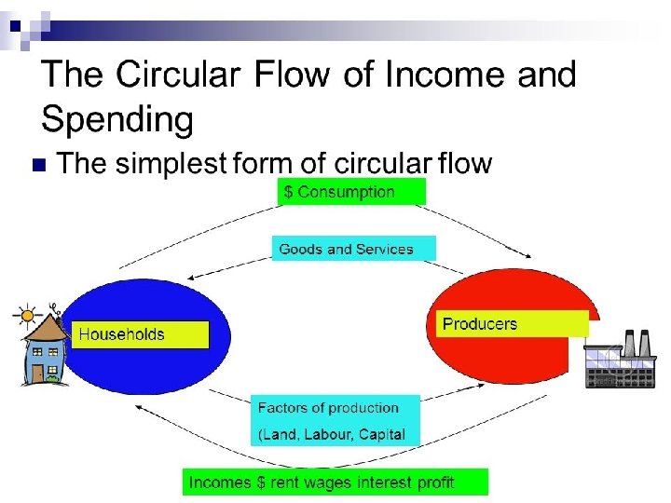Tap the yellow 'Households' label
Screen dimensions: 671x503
(x=140, y=334)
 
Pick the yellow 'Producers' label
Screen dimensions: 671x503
(x=513, y=324)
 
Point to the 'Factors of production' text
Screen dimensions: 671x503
(x=328, y=408)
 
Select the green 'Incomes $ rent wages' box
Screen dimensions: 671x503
(x=334, y=482)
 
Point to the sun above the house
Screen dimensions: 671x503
(x=24, y=311)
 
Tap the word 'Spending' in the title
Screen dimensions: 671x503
(x=117, y=119)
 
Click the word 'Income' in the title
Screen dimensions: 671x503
(x=437, y=75)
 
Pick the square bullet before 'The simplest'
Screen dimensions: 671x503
(x=38, y=166)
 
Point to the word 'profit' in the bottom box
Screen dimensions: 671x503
(x=433, y=482)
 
